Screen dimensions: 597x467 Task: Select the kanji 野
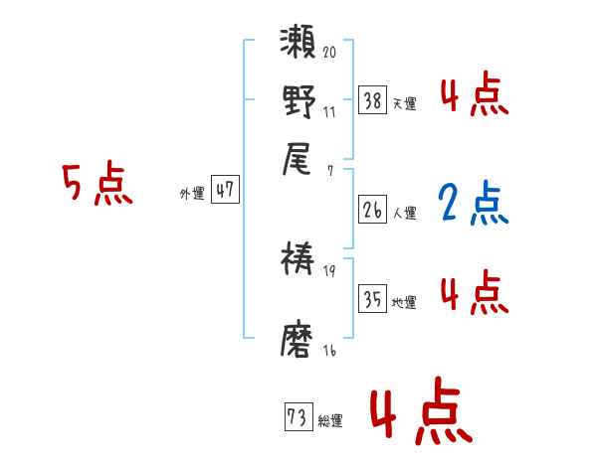(299, 102)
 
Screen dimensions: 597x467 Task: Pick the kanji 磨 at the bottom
(299, 340)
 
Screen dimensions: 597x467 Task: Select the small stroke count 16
(329, 350)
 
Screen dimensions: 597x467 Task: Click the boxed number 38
(372, 99)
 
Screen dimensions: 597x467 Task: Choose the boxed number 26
(372, 211)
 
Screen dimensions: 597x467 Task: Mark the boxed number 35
(372, 299)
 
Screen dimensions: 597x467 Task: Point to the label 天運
(405, 103)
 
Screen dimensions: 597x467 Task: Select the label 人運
(405, 214)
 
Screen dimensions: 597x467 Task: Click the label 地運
(405, 303)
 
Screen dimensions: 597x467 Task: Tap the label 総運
(329, 421)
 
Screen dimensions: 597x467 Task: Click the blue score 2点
(472, 204)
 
